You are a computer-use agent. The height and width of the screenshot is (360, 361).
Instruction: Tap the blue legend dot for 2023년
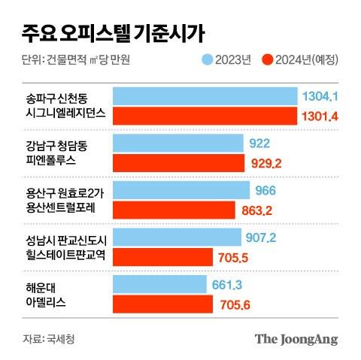[x=209, y=59]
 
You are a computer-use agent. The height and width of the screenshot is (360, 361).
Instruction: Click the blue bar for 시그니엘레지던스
[x=204, y=96]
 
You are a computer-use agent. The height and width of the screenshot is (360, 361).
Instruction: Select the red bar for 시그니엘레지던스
[x=204, y=115]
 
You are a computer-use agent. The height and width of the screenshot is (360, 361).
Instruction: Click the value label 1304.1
[x=319, y=96]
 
